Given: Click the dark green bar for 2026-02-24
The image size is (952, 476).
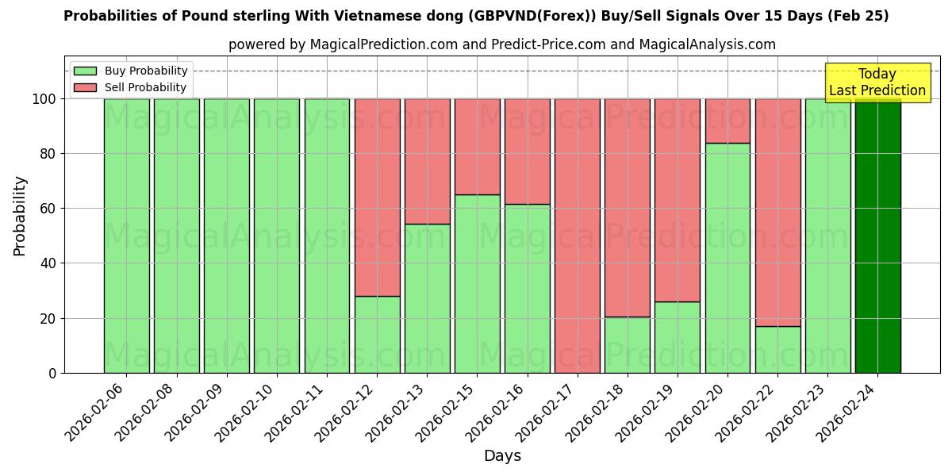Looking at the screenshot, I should click(x=877, y=236).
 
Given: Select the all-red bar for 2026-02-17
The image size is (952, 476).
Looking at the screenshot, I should click(x=578, y=236).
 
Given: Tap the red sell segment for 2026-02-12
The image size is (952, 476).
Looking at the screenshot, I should click(x=377, y=197).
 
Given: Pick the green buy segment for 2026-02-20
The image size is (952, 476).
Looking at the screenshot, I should click(x=727, y=258).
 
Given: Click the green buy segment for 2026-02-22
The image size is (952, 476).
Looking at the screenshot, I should click(x=777, y=349).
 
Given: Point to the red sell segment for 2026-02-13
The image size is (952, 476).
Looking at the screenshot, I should click(x=427, y=161).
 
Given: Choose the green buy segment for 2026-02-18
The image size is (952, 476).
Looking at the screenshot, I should click(x=628, y=344).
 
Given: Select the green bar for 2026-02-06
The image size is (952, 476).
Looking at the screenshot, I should click(x=127, y=236).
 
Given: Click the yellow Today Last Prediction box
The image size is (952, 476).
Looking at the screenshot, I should click(x=877, y=83).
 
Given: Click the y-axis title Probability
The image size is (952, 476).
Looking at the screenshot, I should click(x=20, y=216).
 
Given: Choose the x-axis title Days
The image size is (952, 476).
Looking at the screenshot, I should click(x=502, y=456).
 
